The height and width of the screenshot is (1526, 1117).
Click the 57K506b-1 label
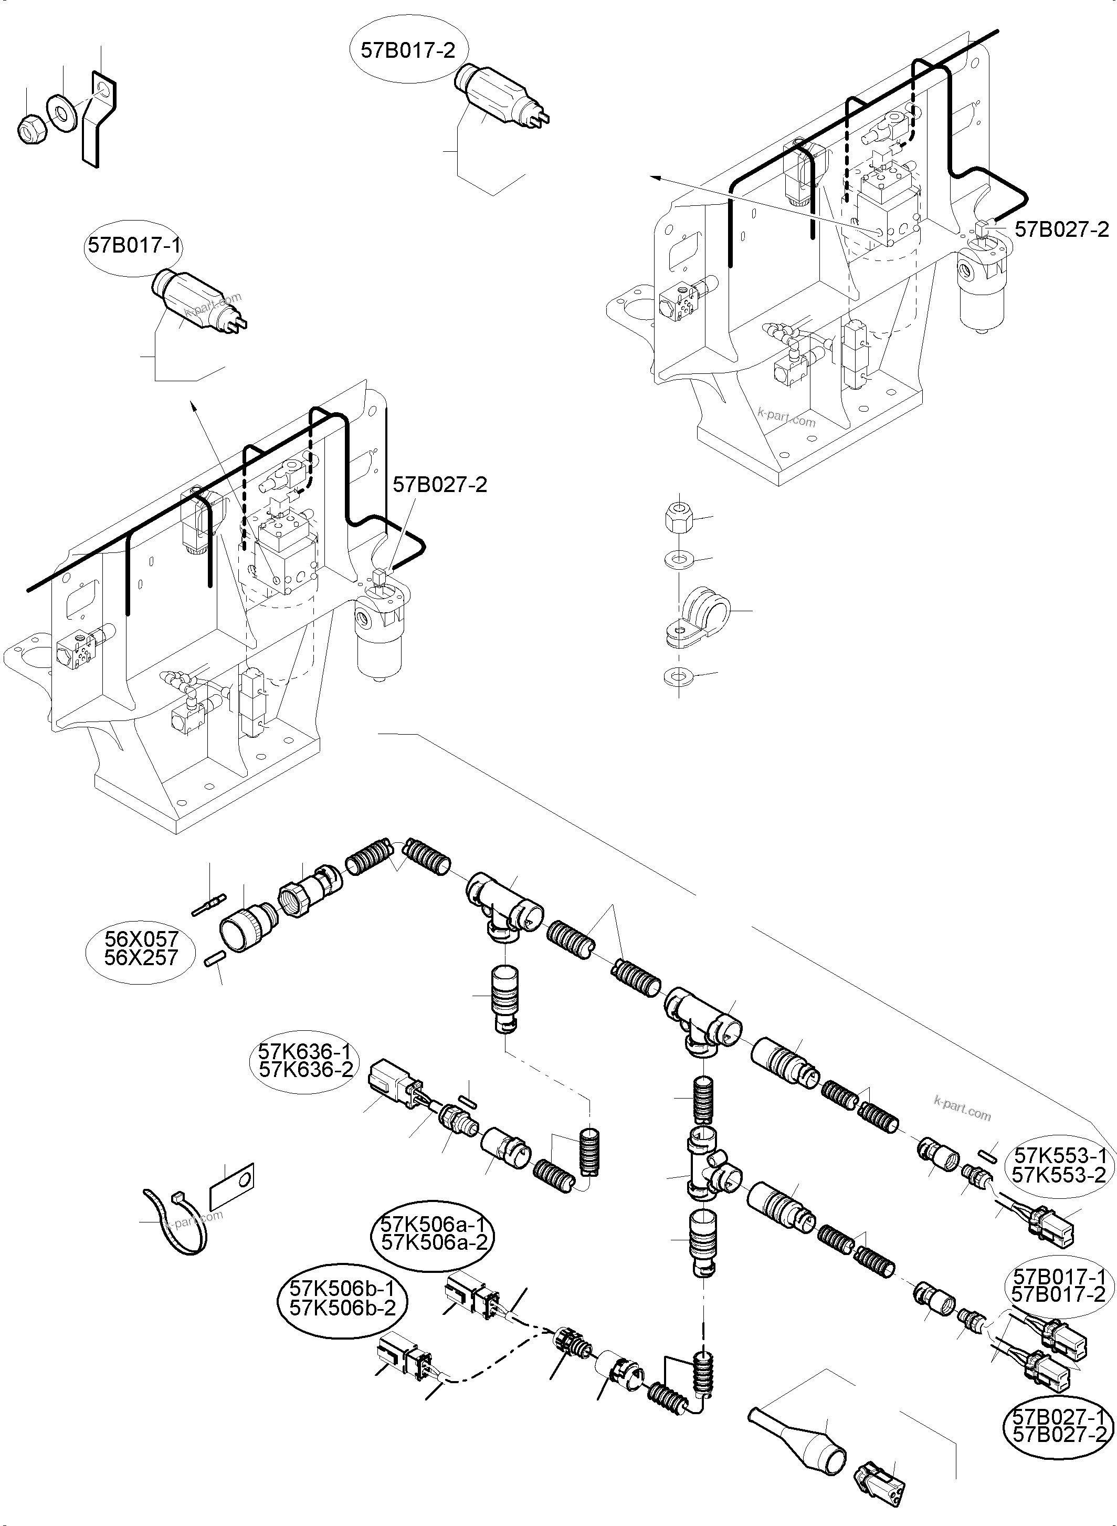[342, 1289]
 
